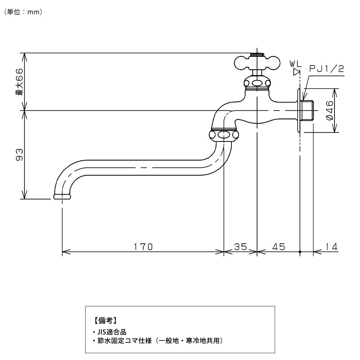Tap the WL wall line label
click(296, 64)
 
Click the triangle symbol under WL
click(297, 72)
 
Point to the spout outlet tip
click(62, 197)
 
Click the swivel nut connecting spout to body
click(224, 135)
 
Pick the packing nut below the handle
click(257, 84)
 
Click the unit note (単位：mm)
click(23, 12)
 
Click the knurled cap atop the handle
click(257, 55)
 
